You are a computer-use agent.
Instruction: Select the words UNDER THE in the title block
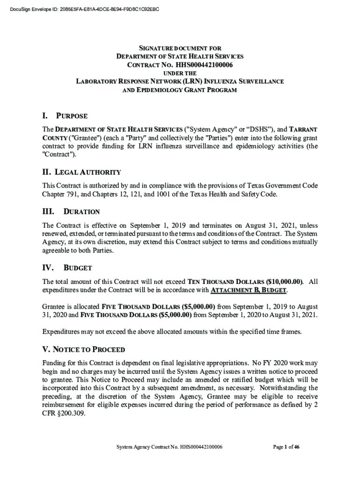point(180,73)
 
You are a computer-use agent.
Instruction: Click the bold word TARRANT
point(303,130)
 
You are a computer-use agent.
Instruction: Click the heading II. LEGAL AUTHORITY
point(81,172)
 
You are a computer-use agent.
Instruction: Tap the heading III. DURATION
point(71,212)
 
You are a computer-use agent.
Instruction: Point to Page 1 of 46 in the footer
point(286,447)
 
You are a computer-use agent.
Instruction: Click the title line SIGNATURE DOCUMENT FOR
point(180,48)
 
